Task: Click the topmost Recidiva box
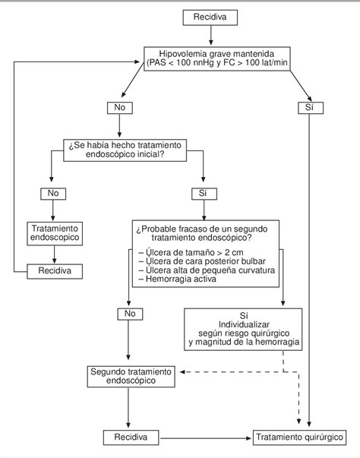(x=210, y=17)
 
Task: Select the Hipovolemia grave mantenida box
(x=217, y=58)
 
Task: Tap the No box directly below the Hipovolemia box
(x=120, y=108)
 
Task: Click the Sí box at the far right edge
(x=311, y=108)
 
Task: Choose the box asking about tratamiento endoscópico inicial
(x=125, y=150)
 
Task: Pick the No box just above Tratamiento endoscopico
(x=53, y=194)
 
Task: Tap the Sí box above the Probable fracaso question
(x=204, y=194)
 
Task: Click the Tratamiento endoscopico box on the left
(x=55, y=233)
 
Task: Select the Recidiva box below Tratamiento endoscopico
(x=55, y=271)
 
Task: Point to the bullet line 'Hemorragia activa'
(x=178, y=279)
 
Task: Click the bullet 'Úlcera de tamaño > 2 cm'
(x=191, y=252)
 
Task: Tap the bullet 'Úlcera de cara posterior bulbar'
(x=202, y=261)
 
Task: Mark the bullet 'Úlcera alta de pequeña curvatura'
(x=207, y=270)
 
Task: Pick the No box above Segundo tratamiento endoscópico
(x=130, y=314)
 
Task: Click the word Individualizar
(x=244, y=324)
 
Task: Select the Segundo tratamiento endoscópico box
(x=131, y=376)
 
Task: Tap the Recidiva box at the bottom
(x=131, y=437)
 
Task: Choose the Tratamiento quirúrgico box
(x=299, y=437)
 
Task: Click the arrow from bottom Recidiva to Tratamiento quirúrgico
(x=206, y=438)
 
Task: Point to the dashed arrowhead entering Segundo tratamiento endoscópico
(x=182, y=372)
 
